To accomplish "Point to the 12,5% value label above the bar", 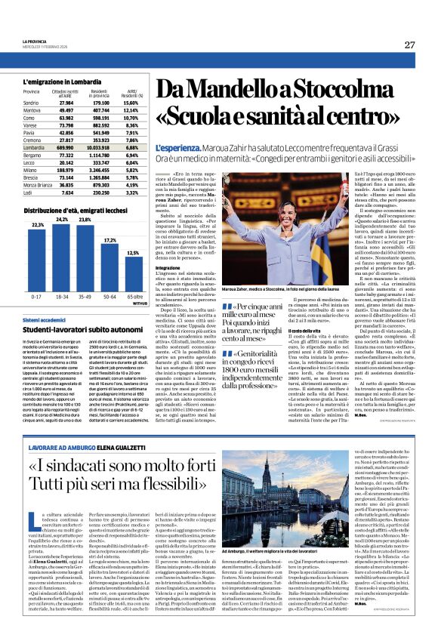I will point(135,253).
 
